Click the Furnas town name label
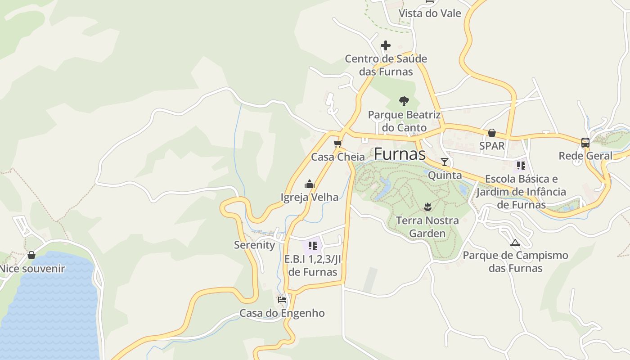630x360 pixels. click(x=400, y=154)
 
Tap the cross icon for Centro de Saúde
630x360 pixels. click(x=386, y=45)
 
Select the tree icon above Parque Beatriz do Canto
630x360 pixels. click(x=404, y=101)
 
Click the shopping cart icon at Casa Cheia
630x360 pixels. click(x=338, y=144)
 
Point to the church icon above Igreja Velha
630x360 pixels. click(x=310, y=184)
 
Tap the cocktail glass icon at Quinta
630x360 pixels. click(x=445, y=162)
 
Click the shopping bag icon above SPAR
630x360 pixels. click(x=492, y=133)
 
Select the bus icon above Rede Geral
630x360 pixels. click(x=585, y=143)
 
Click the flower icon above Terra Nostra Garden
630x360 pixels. click(x=427, y=207)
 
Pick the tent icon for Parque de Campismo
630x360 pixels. click(x=515, y=243)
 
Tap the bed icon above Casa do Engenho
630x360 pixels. click(x=282, y=299)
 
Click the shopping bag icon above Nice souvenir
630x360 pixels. click(x=31, y=255)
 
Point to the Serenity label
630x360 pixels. click(x=254, y=245)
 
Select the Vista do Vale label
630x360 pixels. click(x=430, y=13)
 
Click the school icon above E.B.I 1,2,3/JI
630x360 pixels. click(x=313, y=246)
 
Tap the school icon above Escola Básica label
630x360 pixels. click(x=521, y=166)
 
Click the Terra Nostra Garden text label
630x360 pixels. click(x=427, y=227)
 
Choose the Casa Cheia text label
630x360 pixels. click(x=338, y=157)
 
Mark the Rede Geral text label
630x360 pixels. click(x=585, y=156)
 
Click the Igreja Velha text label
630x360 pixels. click(x=310, y=197)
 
